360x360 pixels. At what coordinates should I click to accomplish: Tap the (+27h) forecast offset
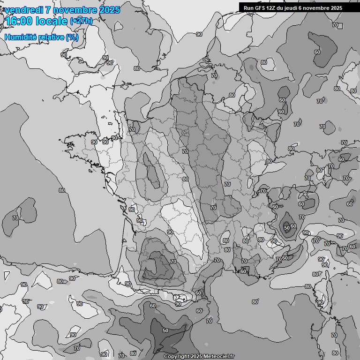(x=82, y=21)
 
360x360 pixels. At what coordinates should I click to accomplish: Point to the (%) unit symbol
(x=72, y=37)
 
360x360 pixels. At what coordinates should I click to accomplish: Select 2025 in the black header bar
(x=336, y=8)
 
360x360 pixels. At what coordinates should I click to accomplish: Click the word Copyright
(x=177, y=357)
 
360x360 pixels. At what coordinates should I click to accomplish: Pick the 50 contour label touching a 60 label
(x=287, y=227)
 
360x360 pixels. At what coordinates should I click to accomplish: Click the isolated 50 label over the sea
(x=165, y=330)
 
